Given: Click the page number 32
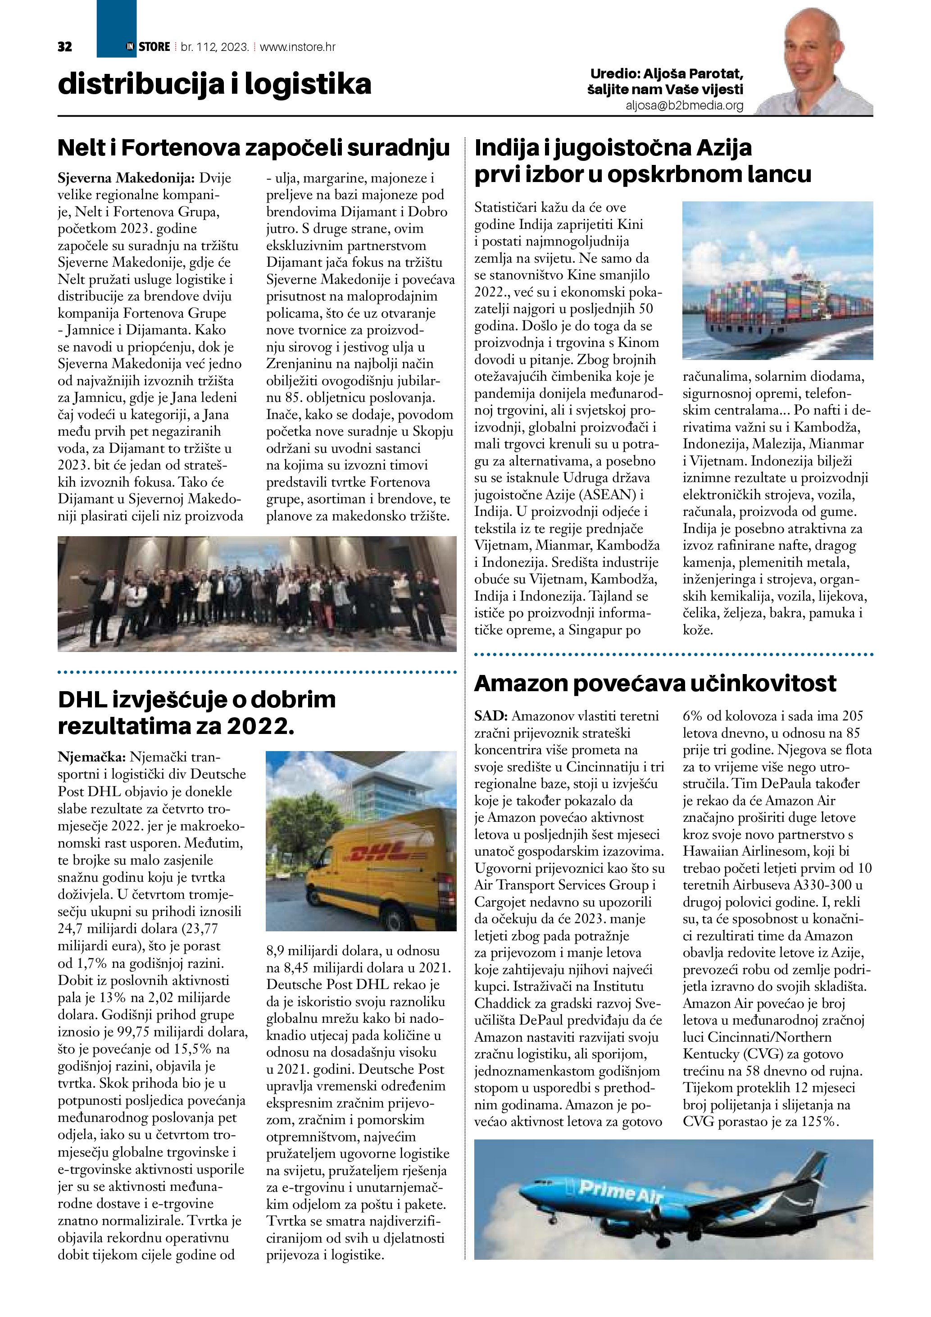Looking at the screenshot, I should coord(65,47).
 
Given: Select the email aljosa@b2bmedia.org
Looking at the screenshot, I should coord(685,105).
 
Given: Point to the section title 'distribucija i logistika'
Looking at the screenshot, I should coord(214,84).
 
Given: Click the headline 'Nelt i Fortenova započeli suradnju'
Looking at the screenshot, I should coord(254,148).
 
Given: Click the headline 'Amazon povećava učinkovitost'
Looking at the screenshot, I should coord(655,683).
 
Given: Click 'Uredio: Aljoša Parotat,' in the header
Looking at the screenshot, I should coord(667,74).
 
